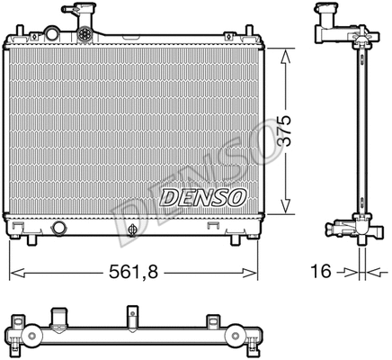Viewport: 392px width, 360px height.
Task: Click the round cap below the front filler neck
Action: [x=85, y=33]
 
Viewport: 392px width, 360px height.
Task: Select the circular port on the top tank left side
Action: [x=52, y=34]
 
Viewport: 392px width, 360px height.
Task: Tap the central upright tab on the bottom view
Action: [x=131, y=317]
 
